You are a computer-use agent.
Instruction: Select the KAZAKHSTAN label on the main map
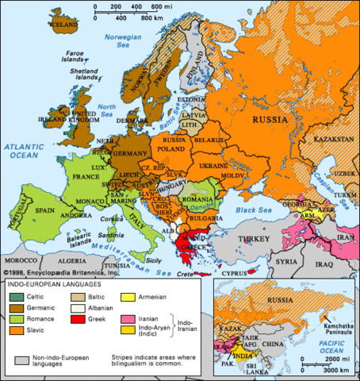[x=332, y=138]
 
